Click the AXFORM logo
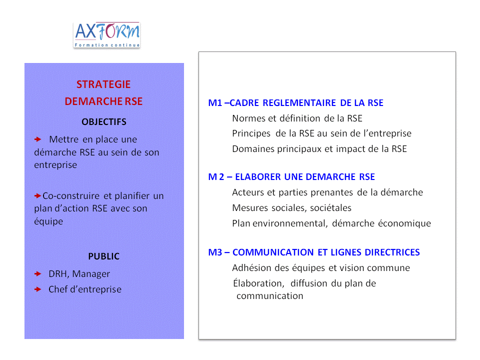coord(106,35)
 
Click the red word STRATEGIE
coord(103,84)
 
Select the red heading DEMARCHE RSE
coord(103,101)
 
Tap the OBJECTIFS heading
coord(104,122)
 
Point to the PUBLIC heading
coord(104,256)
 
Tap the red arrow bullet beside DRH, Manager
coord(37,274)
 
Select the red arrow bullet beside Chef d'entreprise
coord(37,289)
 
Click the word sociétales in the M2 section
coord(330,208)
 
